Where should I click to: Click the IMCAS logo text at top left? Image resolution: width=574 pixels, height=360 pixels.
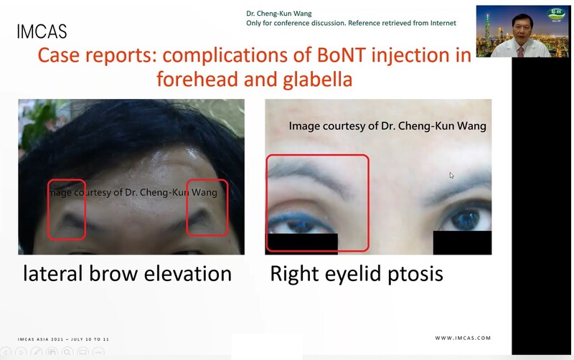[x=42, y=32]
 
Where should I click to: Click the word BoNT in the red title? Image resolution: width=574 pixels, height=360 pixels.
[x=342, y=55]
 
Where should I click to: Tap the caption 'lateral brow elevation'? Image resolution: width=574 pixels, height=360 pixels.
[x=128, y=274]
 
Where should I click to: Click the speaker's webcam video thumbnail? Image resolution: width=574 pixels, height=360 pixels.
[x=523, y=32]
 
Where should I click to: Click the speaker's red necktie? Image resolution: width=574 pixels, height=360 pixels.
[x=521, y=52]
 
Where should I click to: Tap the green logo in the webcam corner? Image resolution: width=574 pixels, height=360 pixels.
[x=555, y=14]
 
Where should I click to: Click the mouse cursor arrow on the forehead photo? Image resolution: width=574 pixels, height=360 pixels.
[x=451, y=175]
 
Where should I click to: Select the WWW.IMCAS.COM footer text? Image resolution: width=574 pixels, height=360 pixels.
[x=463, y=338]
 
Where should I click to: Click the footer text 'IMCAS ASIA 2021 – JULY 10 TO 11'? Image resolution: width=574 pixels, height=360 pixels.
[x=63, y=339]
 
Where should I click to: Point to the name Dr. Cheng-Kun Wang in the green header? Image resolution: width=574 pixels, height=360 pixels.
[x=279, y=14]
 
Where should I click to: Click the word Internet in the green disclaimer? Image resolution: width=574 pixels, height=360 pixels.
[x=443, y=23]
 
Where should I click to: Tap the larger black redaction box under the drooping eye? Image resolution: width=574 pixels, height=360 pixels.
[x=301, y=244]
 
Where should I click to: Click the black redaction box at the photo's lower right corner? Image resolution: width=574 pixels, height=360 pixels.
[x=462, y=242]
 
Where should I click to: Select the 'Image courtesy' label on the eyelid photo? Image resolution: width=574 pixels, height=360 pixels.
[x=387, y=125]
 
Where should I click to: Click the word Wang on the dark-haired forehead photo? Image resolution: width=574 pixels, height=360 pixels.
[x=204, y=192]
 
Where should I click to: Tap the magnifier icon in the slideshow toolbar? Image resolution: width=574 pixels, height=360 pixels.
[x=67, y=352]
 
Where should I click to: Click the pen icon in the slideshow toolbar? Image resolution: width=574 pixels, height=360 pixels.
[x=37, y=352]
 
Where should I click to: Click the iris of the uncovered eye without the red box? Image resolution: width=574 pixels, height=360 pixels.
[x=465, y=219]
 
